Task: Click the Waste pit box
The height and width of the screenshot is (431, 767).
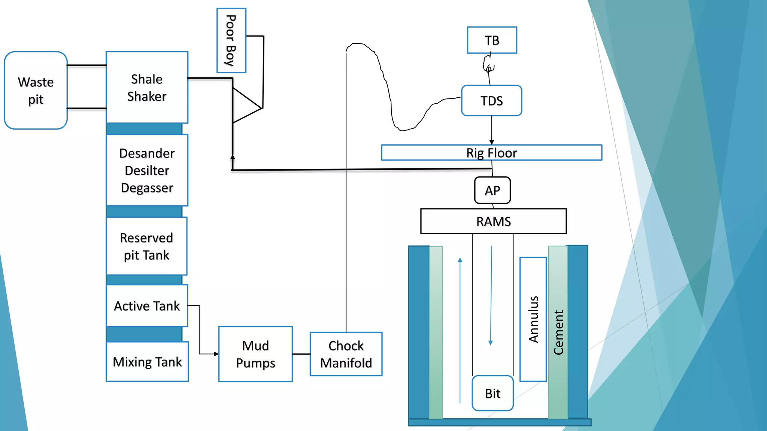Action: click(x=36, y=91)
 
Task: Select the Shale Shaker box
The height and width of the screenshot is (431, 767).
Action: click(x=147, y=88)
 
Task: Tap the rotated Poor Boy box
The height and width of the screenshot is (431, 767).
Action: click(x=231, y=40)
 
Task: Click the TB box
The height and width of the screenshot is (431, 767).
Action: click(x=492, y=40)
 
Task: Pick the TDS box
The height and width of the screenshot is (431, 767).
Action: click(x=491, y=101)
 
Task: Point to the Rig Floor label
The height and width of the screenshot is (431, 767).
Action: click(x=491, y=153)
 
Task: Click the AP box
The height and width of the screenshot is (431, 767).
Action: click(x=492, y=190)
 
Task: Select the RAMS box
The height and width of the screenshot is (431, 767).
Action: click(x=493, y=221)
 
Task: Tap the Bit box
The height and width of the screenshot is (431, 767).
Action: click(x=492, y=393)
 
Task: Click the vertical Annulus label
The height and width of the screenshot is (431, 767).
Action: click(x=533, y=319)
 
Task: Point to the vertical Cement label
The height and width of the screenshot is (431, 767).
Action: click(x=558, y=332)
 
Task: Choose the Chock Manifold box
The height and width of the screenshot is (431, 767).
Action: click(x=346, y=354)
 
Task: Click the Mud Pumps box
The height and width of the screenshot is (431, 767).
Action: click(x=255, y=354)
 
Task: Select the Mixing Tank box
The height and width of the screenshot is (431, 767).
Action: click(x=147, y=362)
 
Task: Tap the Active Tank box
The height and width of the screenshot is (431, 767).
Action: click(x=147, y=306)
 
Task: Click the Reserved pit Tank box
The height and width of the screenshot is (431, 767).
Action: click(x=146, y=246)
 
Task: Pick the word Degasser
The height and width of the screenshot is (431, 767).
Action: click(x=147, y=188)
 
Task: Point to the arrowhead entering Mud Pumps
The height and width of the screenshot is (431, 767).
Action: click(x=216, y=354)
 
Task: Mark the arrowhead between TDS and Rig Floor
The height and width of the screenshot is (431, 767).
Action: click(x=491, y=143)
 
